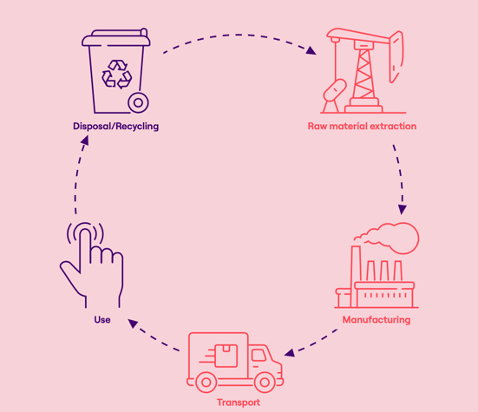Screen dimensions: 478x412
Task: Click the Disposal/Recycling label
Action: tap(116, 126)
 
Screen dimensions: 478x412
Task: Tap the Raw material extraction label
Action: tap(362, 126)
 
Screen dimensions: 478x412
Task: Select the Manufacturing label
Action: tap(377, 320)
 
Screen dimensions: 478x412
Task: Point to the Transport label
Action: tap(239, 402)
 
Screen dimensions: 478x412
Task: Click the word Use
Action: tap(102, 320)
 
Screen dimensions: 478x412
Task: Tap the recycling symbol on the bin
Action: tap(117, 75)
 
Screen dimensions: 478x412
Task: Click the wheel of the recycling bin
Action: tap(138, 102)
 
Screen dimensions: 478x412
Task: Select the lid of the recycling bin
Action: tap(116, 38)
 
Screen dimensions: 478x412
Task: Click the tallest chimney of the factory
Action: tap(356, 276)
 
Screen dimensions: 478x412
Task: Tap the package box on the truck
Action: tap(226, 356)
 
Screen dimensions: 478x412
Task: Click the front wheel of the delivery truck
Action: tap(265, 383)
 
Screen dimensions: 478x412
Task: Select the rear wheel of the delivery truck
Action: tap(206, 383)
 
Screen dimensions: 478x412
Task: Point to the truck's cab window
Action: tap(259, 356)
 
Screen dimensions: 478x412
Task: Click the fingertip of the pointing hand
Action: tap(85, 232)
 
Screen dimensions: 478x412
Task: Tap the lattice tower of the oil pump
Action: tap(363, 73)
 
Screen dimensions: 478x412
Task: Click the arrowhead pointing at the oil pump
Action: tap(311, 50)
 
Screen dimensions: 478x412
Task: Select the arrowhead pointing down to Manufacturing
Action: tap(403, 209)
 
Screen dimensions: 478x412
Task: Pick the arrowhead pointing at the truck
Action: tap(290, 353)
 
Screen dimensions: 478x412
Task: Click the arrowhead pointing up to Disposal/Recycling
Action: tap(84, 141)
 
